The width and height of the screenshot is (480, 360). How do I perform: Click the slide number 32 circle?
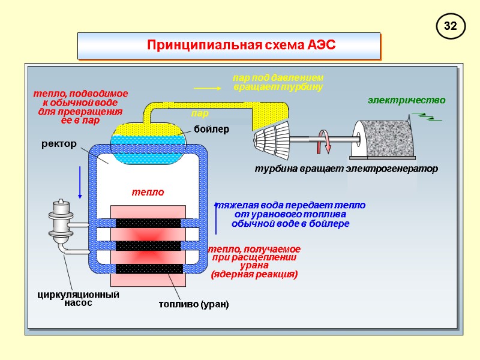(x=451, y=26)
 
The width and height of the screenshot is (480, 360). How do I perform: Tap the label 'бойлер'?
(x=211, y=130)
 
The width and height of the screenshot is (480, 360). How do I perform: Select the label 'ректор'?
(x=59, y=144)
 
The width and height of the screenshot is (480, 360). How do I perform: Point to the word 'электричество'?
(x=406, y=100)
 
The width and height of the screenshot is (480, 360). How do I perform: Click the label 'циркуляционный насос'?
(x=79, y=299)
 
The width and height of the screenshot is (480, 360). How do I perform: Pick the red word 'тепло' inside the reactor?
(x=148, y=192)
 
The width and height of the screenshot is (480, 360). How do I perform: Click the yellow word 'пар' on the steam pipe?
(x=200, y=113)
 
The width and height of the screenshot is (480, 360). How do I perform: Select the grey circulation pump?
(x=62, y=220)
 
